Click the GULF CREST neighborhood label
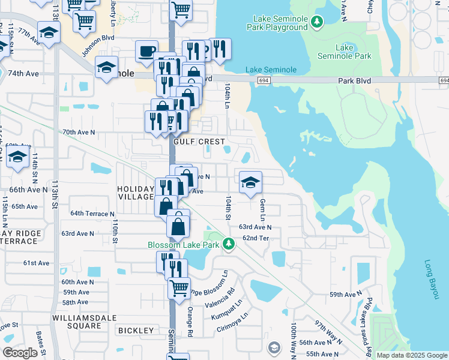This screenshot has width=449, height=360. tap(194, 142)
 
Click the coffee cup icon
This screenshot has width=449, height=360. tap(146, 52)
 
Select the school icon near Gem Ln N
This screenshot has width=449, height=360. tap(250, 182)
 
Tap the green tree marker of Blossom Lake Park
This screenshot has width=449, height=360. tap(228, 244)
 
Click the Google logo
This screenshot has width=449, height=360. tap(20, 353)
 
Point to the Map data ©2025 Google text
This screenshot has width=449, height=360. tap(411, 355)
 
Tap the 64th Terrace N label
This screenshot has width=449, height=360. tap(92, 214)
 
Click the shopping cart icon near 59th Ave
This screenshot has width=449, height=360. tap(179, 288)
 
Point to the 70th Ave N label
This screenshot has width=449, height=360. tap(79, 132)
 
